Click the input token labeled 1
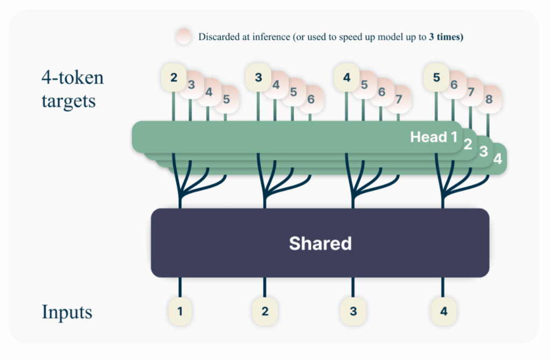180,311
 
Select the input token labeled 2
265,311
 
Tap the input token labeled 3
353,311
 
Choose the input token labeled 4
443,311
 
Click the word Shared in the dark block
320,243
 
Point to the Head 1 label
434,137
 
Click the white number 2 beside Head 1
468,144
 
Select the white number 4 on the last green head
498,159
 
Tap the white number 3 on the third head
484,152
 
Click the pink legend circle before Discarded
184,37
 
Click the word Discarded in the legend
219,37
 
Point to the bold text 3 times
446,37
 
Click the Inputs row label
67,312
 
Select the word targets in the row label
68,101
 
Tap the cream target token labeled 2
174,77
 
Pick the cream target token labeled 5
436,77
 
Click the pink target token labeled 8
489,99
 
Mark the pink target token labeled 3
192,84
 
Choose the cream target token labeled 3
258,77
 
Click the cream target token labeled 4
347,77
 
